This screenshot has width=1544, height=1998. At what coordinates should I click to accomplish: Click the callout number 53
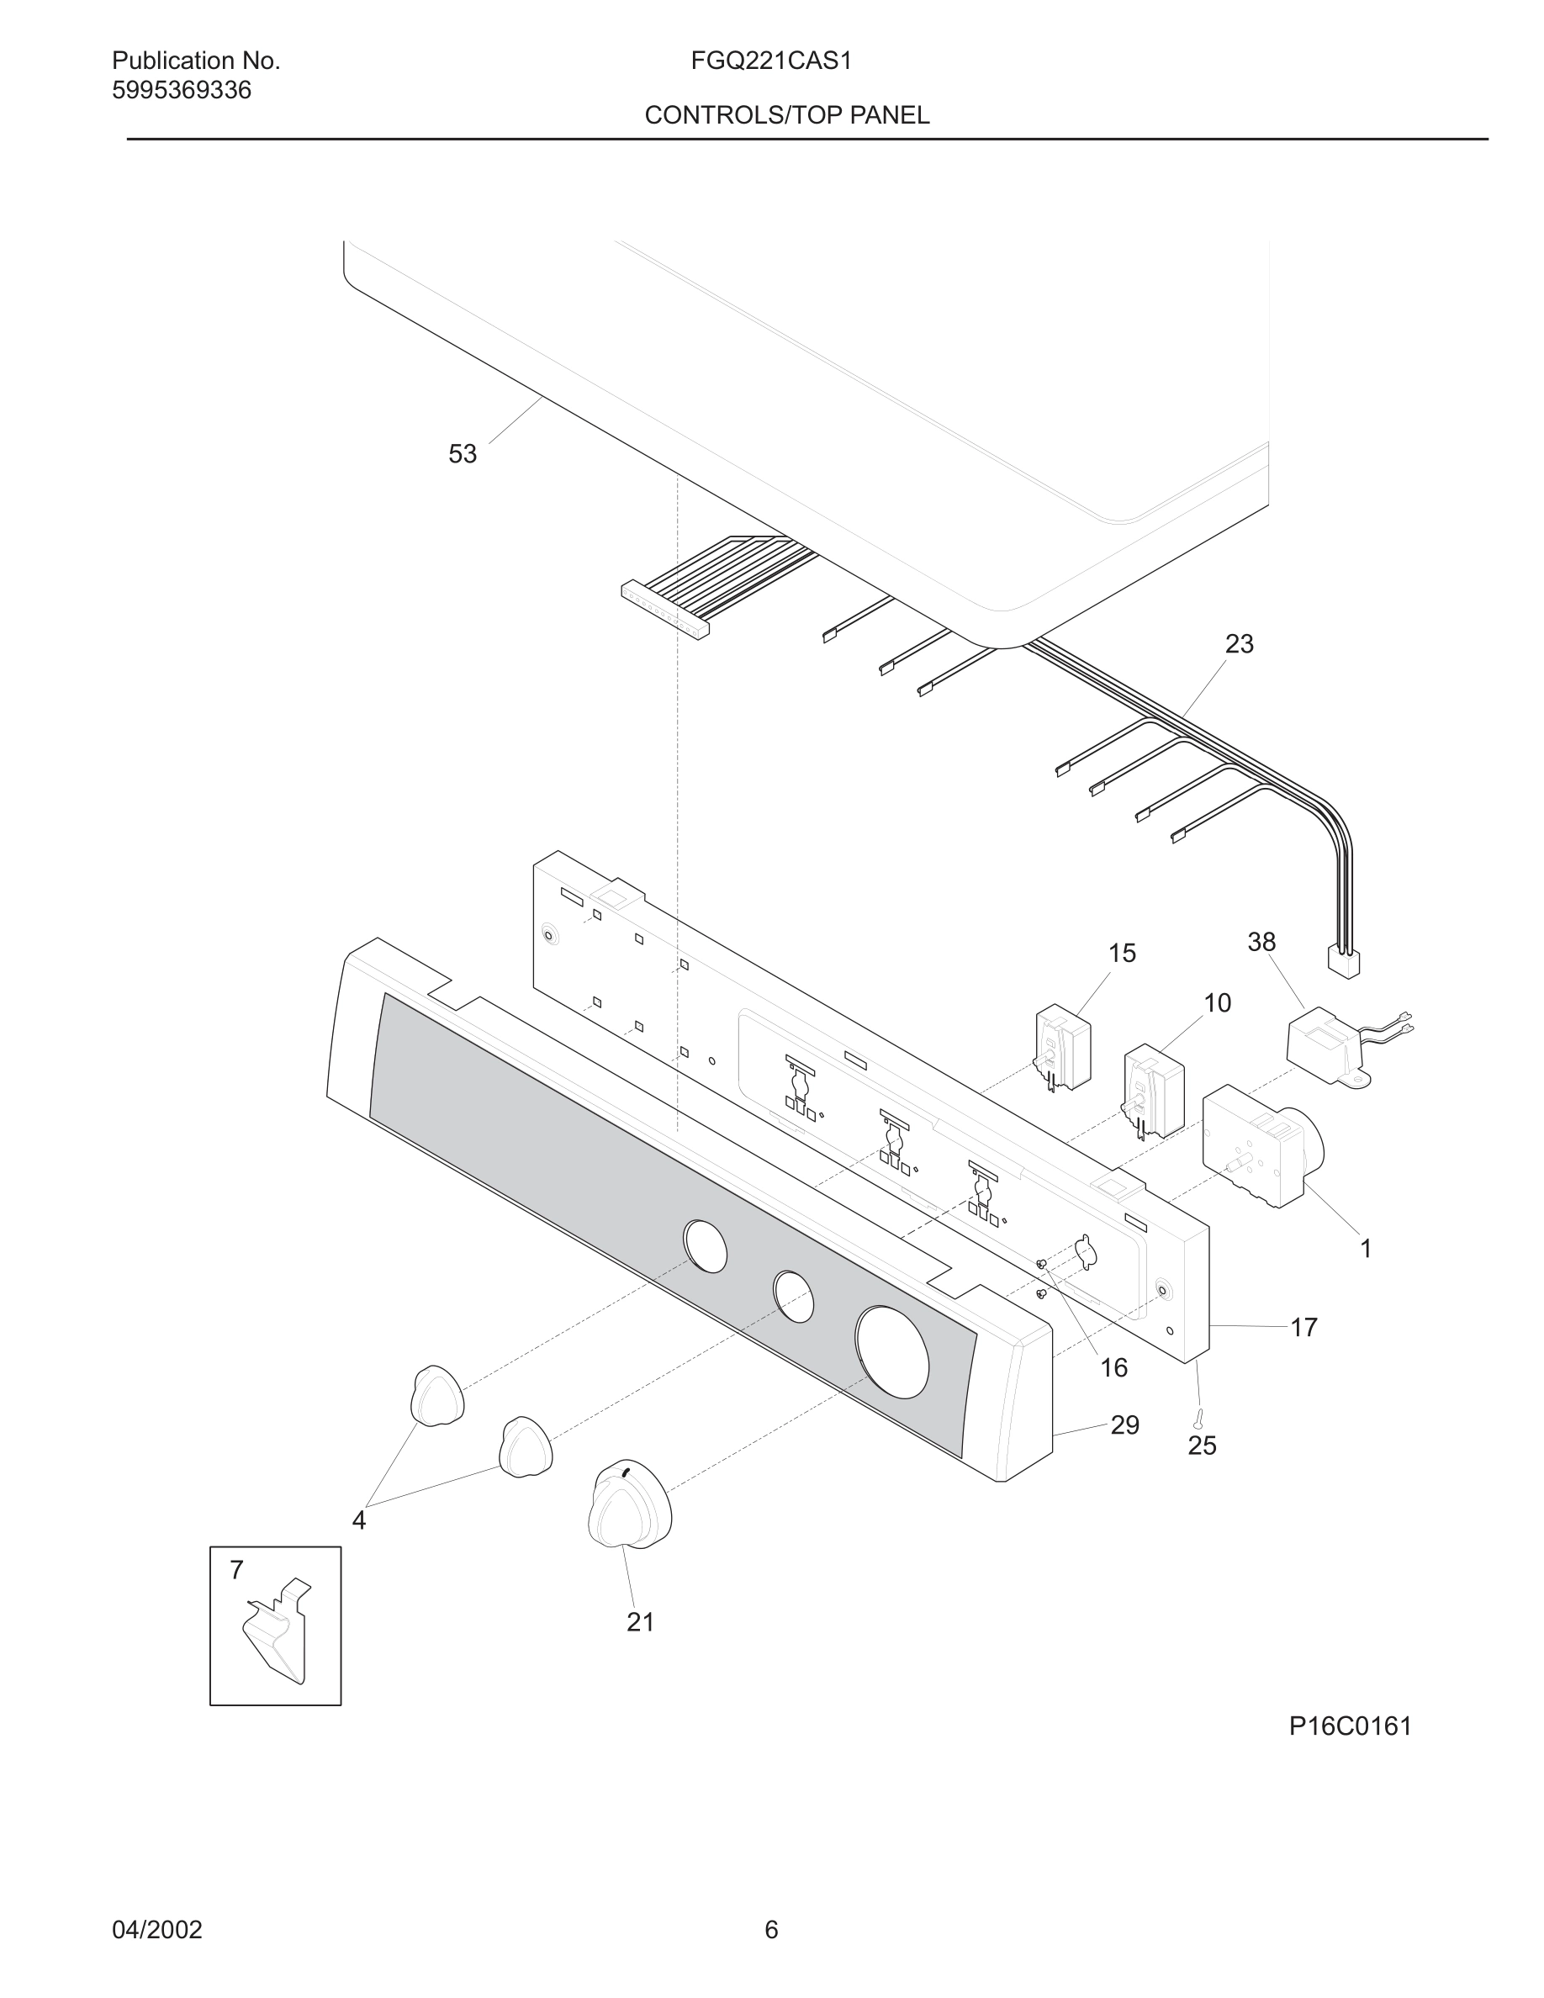click(462, 454)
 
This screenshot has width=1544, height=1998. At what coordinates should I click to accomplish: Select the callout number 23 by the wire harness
click(1239, 644)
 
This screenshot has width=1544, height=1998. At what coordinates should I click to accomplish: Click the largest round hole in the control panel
click(891, 1353)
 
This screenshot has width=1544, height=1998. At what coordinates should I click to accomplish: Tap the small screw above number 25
click(1198, 1418)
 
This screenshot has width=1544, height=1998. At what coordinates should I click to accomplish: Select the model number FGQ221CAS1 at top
click(771, 61)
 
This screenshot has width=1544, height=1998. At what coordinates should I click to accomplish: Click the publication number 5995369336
click(181, 91)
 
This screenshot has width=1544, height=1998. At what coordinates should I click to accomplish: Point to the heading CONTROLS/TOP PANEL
click(786, 115)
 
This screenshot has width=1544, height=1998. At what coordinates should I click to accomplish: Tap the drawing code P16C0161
click(1350, 1726)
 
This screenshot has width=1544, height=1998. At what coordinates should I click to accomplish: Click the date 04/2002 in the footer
click(156, 1929)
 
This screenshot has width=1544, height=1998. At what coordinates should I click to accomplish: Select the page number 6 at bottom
click(771, 1929)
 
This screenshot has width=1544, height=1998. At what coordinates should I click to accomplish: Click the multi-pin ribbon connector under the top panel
click(665, 610)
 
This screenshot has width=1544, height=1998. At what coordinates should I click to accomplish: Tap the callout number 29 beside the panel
click(1124, 1424)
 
